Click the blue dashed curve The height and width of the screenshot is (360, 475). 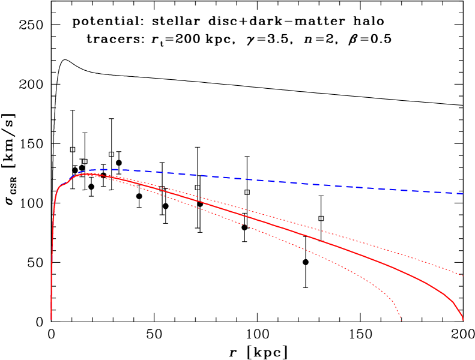(x=270, y=180)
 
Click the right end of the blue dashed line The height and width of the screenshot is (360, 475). (x=463, y=193)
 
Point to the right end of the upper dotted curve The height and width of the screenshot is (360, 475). (x=463, y=276)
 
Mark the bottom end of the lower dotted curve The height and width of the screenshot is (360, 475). (x=401, y=320)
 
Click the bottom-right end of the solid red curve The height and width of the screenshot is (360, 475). (x=463, y=320)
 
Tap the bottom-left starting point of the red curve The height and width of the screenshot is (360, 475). (x=51, y=319)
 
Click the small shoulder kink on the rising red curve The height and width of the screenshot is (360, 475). (x=67, y=183)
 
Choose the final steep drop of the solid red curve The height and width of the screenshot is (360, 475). (x=458, y=308)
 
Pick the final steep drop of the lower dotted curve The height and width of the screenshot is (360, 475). (x=396, y=308)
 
